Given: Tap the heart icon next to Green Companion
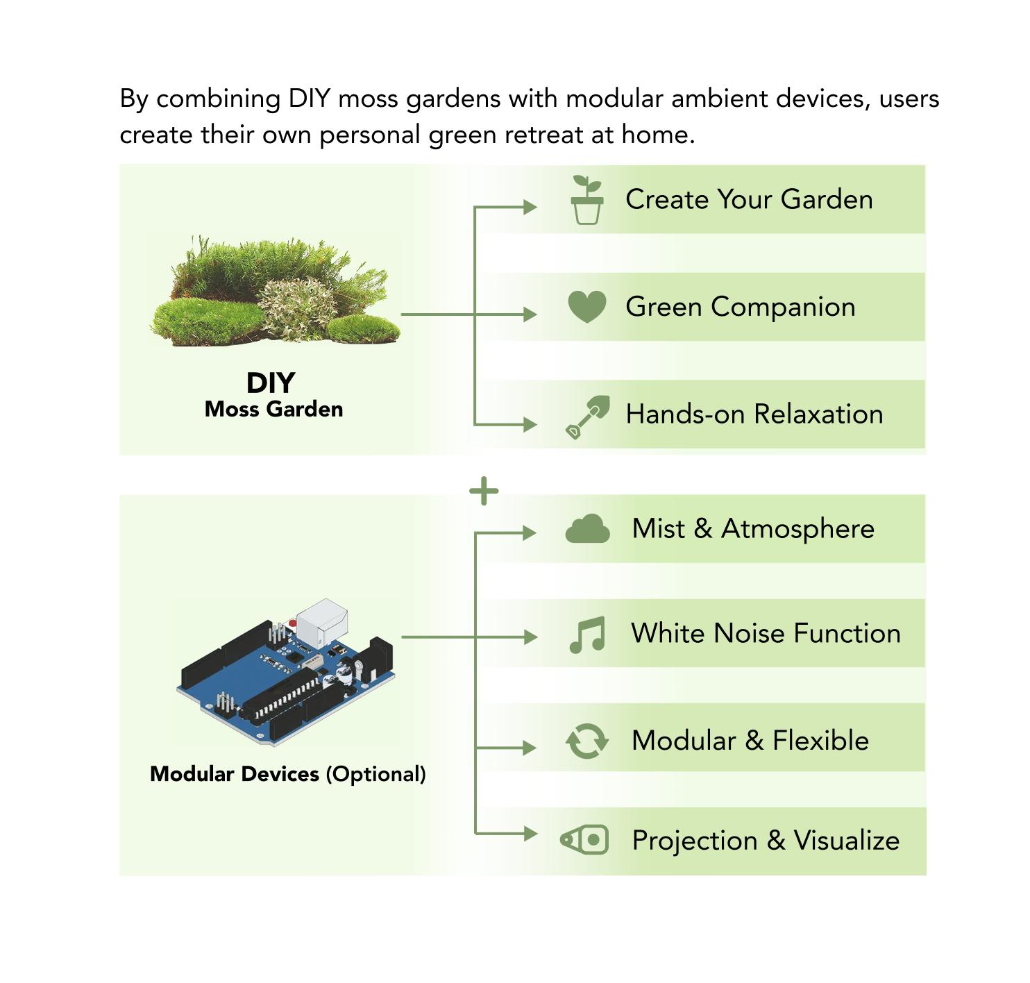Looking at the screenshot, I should [x=586, y=306].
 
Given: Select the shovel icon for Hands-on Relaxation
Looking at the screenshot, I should [x=587, y=417].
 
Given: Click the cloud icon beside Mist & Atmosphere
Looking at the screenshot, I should [x=587, y=529].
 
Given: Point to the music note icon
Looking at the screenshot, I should [x=587, y=635].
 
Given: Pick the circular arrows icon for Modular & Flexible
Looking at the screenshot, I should [x=587, y=741].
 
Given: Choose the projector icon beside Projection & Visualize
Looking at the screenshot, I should [x=584, y=840].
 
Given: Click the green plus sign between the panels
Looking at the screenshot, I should [x=484, y=491].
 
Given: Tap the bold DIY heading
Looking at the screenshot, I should [x=271, y=383].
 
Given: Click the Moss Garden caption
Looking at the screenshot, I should [x=273, y=409].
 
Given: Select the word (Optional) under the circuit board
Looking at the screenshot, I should [x=375, y=773].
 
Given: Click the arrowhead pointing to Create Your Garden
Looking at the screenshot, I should [x=530, y=207].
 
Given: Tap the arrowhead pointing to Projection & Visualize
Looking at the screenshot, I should [x=530, y=833].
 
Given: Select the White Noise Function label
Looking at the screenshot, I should [x=766, y=633].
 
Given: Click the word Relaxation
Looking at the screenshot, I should [x=818, y=414].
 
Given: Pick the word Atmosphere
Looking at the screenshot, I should [x=797, y=529].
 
